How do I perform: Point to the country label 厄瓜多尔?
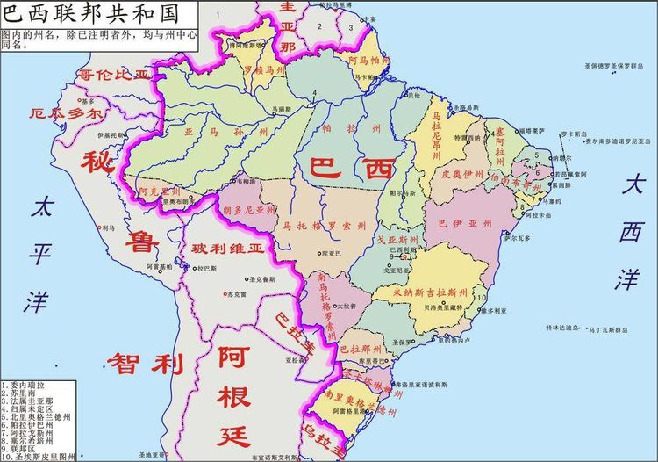click(x=66, y=114)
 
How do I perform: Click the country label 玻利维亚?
click(x=226, y=249)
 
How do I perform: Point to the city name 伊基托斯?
click(x=111, y=135)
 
